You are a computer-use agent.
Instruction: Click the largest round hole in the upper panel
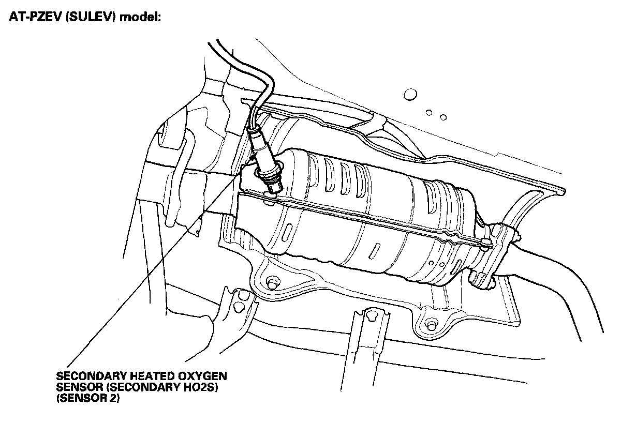[x=409, y=94]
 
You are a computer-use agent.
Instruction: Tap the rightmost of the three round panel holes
[x=443, y=117]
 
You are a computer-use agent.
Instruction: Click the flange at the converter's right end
[x=499, y=253]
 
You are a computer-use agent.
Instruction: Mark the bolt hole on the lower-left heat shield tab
[x=272, y=283]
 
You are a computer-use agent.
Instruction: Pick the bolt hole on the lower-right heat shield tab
[x=430, y=324]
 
